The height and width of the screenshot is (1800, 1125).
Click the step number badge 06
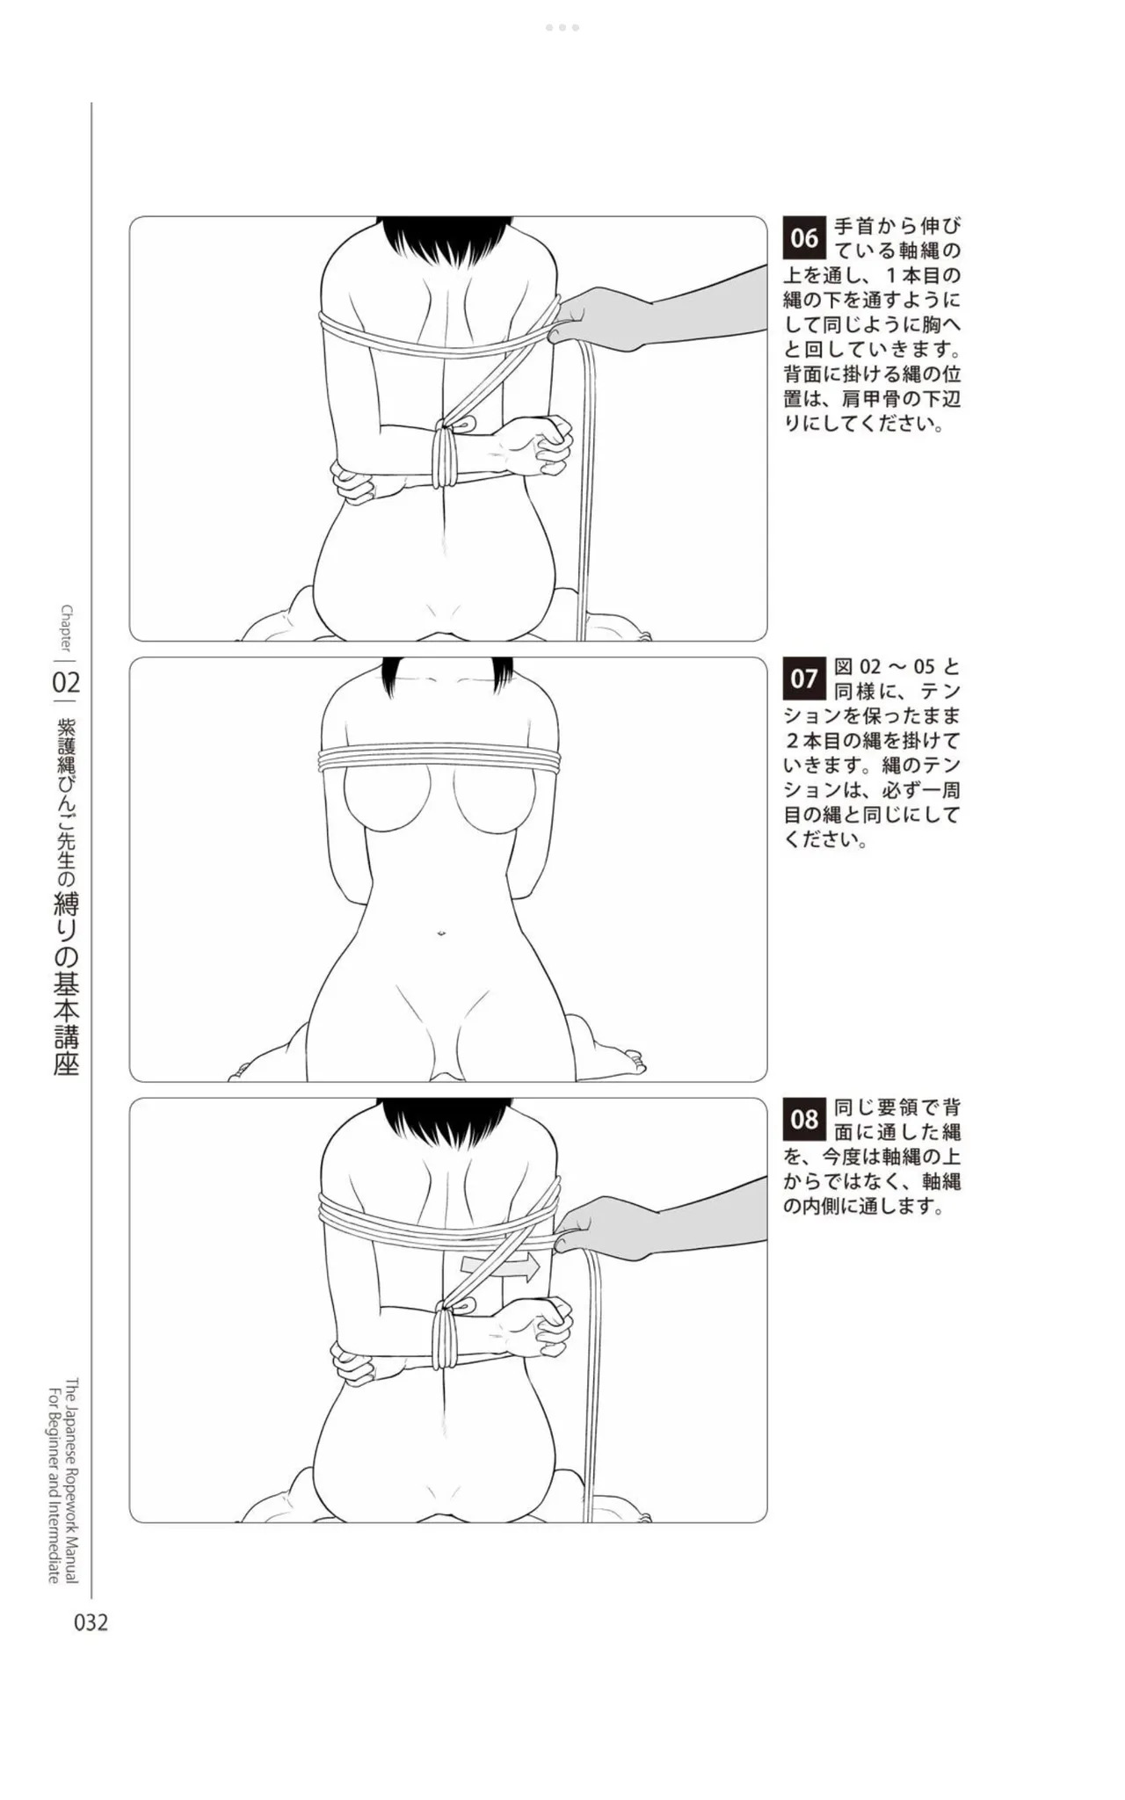click(x=804, y=238)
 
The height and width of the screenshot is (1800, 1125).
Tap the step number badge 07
click(x=804, y=679)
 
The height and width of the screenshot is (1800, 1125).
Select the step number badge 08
click(x=804, y=1120)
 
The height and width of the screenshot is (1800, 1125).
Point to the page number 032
click(x=91, y=1622)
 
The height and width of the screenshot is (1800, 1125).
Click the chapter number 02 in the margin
click(x=67, y=682)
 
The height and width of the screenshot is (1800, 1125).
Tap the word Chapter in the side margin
click(x=67, y=627)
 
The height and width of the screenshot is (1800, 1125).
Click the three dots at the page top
click(x=562, y=27)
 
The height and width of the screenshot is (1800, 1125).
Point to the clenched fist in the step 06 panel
click(x=544, y=439)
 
